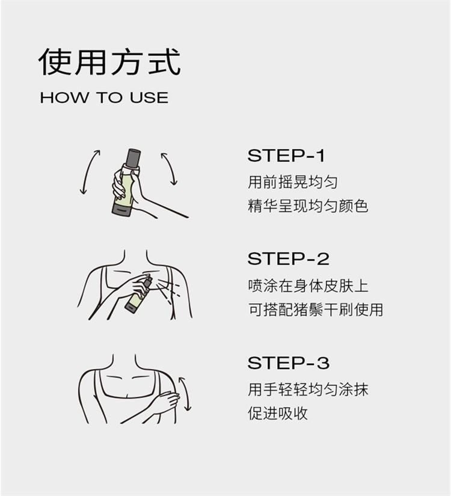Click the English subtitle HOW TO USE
point(104,97)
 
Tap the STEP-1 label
point(286,156)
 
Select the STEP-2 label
point(288,259)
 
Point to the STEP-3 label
point(288,363)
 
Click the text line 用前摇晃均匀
point(293,182)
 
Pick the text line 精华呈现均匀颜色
point(308,206)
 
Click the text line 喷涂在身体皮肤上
point(308,286)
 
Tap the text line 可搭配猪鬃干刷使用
point(316,310)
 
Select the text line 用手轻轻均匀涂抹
point(308,390)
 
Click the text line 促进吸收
point(278,413)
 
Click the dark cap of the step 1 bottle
point(133,158)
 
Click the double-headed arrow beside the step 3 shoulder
point(186,394)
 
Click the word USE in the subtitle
point(149,97)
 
